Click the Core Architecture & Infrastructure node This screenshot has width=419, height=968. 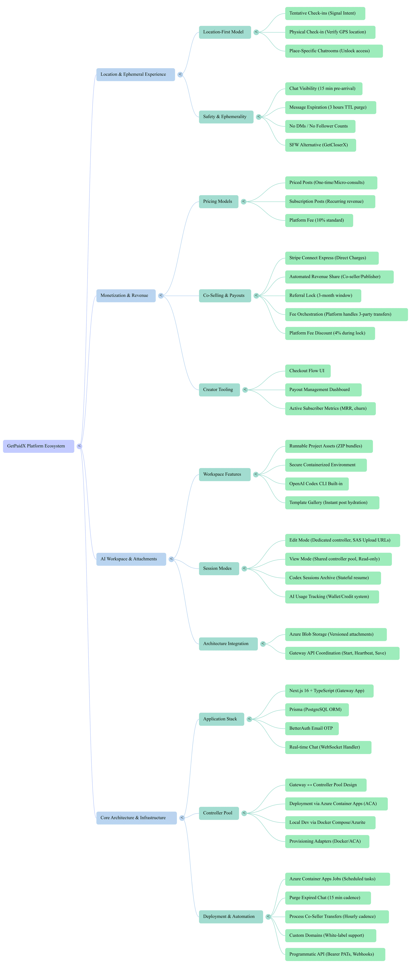(136, 818)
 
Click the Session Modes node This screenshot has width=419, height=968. (219, 568)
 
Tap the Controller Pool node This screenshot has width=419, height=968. (219, 813)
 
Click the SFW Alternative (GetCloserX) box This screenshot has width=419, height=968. (320, 145)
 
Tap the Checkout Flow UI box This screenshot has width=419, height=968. (307, 371)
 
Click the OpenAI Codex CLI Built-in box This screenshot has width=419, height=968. (317, 484)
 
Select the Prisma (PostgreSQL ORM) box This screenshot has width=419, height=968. (317, 709)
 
